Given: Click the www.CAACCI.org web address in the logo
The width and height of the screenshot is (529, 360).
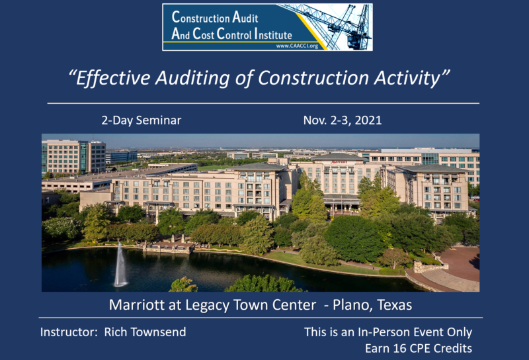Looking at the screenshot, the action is pyautogui.click(x=297, y=46).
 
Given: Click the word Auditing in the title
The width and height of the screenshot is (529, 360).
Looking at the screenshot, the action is pyautogui.click(x=192, y=78).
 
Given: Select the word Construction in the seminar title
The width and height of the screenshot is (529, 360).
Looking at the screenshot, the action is pyautogui.click(x=313, y=78).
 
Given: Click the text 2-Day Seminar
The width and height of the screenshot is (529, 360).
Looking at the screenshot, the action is pyautogui.click(x=142, y=120).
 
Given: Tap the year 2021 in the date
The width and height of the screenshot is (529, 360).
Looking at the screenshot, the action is pyautogui.click(x=368, y=120).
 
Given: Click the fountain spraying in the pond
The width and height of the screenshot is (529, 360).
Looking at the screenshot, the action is pyautogui.click(x=120, y=265).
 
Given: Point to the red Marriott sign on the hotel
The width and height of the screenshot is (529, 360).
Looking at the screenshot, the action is pyautogui.click(x=339, y=162).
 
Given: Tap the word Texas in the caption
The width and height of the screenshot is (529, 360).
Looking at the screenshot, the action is pyautogui.click(x=394, y=305).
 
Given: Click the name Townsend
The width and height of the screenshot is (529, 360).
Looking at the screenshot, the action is pyautogui.click(x=158, y=332).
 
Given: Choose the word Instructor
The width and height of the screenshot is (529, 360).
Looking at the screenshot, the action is pyautogui.click(x=67, y=332).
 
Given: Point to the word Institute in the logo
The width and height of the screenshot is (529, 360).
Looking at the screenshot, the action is pyautogui.click(x=273, y=34).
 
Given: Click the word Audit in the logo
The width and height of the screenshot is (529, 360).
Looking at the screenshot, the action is pyautogui.click(x=245, y=17).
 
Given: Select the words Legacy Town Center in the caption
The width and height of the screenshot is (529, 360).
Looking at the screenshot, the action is pyautogui.click(x=251, y=305).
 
